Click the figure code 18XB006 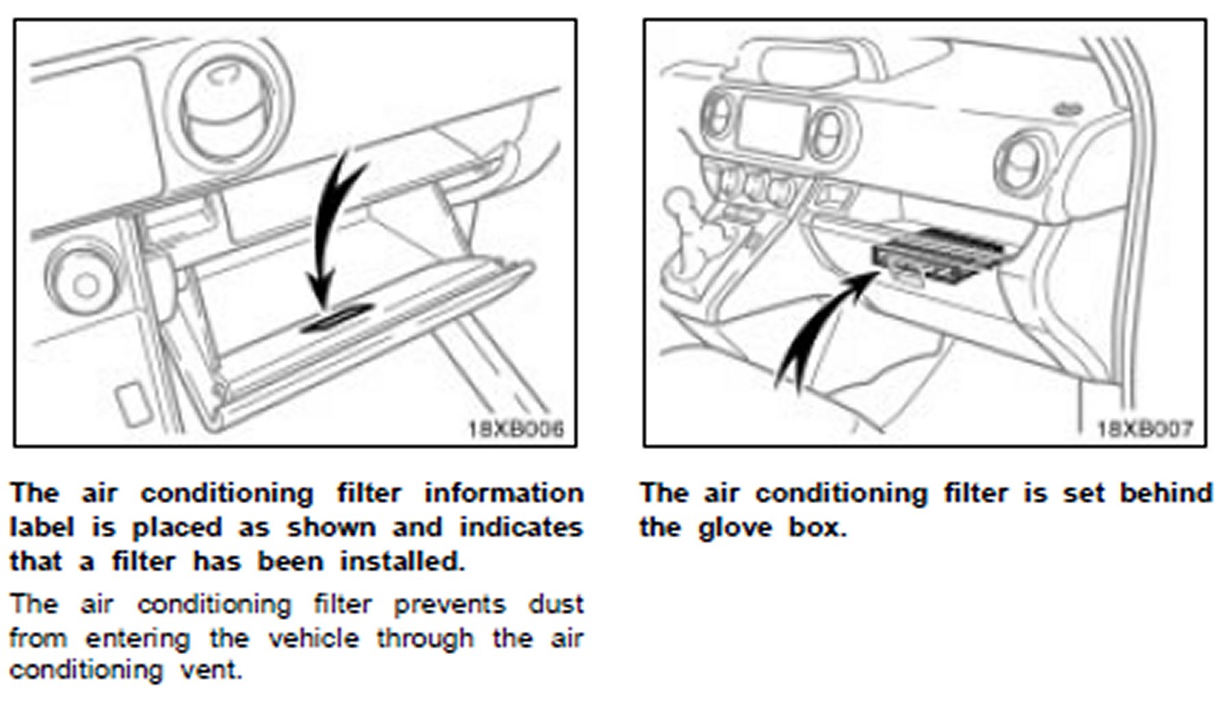pyautogui.click(x=516, y=429)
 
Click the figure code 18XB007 pyautogui.click(x=1145, y=429)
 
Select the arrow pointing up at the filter pyautogui.click(x=821, y=328)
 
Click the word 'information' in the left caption pyautogui.click(x=504, y=493)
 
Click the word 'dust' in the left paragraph pyautogui.click(x=555, y=604)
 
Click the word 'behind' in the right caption pyautogui.click(x=1165, y=493)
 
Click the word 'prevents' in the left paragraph pyautogui.click(x=449, y=604)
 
